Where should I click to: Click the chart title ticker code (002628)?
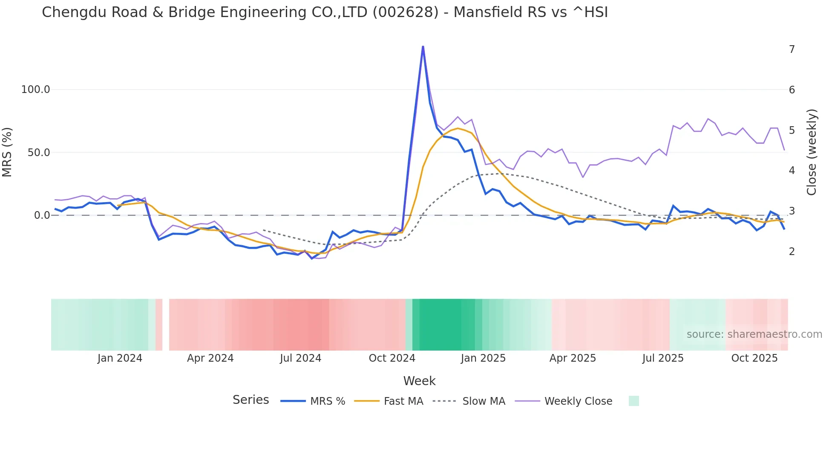coord(405,12)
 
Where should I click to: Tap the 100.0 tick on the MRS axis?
coord(36,90)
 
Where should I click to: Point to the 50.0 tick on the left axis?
coord(39,153)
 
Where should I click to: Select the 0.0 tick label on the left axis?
coord(42,215)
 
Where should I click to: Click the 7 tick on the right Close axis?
coord(792,49)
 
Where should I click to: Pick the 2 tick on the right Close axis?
coord(792,252)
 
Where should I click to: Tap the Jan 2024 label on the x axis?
coord(120,358)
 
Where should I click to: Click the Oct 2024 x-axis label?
coord(392,358)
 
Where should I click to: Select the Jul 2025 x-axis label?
coord(663,358)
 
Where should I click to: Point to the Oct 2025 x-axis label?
coord(754,358)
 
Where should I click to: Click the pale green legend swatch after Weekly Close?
coord(634,401)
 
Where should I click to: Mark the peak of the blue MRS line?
coord(423,46)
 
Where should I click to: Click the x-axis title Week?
coord(419,381)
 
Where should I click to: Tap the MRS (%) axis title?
coord(7,152)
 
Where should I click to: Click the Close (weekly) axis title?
coord(812,152)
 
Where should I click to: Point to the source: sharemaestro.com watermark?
coord(754,334)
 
